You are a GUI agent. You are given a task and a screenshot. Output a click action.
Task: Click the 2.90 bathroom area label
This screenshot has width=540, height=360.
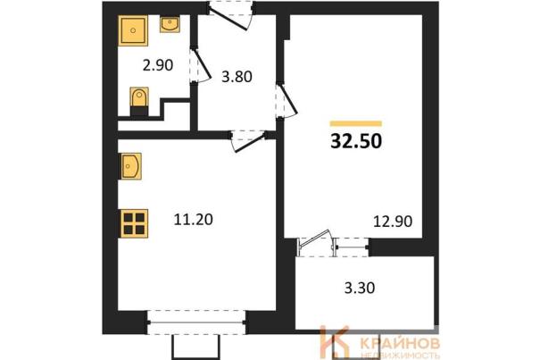[x=158, y=65]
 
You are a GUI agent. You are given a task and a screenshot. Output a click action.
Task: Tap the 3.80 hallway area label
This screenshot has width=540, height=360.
[x=237, y=77]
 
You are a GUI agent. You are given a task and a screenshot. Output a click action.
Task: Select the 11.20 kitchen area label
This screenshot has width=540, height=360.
[x=193, y=220]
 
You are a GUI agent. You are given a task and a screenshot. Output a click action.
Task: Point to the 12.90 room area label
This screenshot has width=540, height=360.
[x=393, y=221]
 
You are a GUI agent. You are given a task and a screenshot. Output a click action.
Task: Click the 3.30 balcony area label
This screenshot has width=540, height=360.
[x=360, y=288]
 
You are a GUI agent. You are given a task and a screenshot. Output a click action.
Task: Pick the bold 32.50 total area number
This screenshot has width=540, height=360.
[x=356, y=140]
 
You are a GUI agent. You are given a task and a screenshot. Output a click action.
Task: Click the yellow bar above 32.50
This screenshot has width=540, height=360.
[x=356, y=123]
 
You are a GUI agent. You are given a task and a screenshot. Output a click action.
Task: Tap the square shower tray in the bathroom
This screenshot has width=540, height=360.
[x=133, y=30]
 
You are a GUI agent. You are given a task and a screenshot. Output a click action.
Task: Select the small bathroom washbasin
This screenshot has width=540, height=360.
[x=170, y=25]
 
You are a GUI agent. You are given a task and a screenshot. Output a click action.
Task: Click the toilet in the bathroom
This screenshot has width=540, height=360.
[x=139, y=101]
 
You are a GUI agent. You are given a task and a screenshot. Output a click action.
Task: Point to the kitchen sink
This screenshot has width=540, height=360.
[x=130, y=166]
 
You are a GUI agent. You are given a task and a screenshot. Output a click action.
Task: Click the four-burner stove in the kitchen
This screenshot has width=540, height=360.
[x=134, y=223]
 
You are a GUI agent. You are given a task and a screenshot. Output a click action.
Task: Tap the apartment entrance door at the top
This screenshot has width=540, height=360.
[x=231, y=15]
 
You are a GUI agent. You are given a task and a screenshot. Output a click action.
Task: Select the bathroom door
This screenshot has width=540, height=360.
[x=200, y=65]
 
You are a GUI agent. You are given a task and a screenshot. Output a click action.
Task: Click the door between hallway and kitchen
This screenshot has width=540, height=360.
[x=249, y=140]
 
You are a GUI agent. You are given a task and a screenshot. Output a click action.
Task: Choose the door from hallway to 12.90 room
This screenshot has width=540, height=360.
[x=286, y=101]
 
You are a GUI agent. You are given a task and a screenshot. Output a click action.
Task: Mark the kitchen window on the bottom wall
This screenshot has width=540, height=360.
[x=196, y=322]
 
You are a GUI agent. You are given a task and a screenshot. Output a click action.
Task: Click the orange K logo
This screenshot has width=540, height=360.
[x=335, y=342]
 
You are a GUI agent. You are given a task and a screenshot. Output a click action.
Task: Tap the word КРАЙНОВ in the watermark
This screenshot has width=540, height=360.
[x=400, y=343]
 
